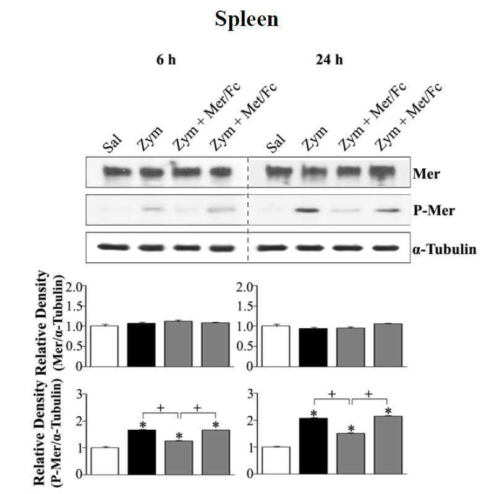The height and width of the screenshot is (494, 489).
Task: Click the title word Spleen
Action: pos(247,19)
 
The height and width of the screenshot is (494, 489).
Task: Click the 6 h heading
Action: pos(166,59)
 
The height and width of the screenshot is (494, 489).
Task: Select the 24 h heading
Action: pos(330,59)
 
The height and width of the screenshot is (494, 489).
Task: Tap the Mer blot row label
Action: pos(426,174)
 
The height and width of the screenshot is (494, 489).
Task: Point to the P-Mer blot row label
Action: pos(434,210)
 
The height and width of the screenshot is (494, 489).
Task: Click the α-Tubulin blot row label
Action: pos(444,249)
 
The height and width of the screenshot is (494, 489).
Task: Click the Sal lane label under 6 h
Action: pos(112,143)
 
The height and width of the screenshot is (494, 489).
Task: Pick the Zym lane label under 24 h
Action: pos(314,139)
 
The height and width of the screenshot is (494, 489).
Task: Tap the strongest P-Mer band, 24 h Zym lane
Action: pos(307,210)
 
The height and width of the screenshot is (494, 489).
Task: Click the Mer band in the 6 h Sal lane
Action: pos(117,172)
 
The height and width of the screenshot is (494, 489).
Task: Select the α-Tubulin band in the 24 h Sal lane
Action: pos(272,249)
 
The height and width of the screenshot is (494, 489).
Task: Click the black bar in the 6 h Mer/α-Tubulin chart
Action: pos(141,344)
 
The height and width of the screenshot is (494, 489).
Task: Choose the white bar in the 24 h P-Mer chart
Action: pos(276,460)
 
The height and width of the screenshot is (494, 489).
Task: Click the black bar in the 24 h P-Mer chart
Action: pos(313,446)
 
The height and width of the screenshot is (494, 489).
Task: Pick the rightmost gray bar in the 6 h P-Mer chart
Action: pos(216,452)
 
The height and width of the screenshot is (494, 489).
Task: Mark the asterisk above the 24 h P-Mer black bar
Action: pos(313,414)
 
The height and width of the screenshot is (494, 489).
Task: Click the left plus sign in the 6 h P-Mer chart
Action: pos(161,408)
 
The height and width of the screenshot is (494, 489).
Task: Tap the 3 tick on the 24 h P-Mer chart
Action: pos(250,393)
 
